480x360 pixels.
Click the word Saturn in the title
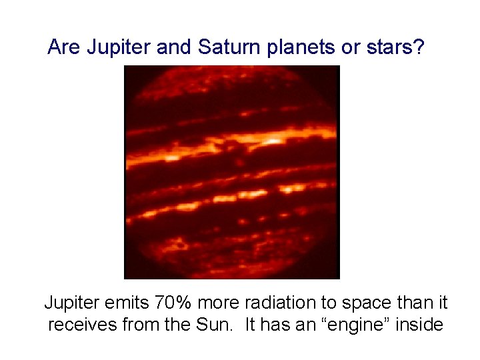coord(224,47)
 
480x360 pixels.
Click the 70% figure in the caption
coord(171,303)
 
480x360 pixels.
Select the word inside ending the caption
coord(420,325)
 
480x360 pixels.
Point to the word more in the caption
coord(218,303)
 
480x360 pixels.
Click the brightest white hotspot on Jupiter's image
coord(273,141)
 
